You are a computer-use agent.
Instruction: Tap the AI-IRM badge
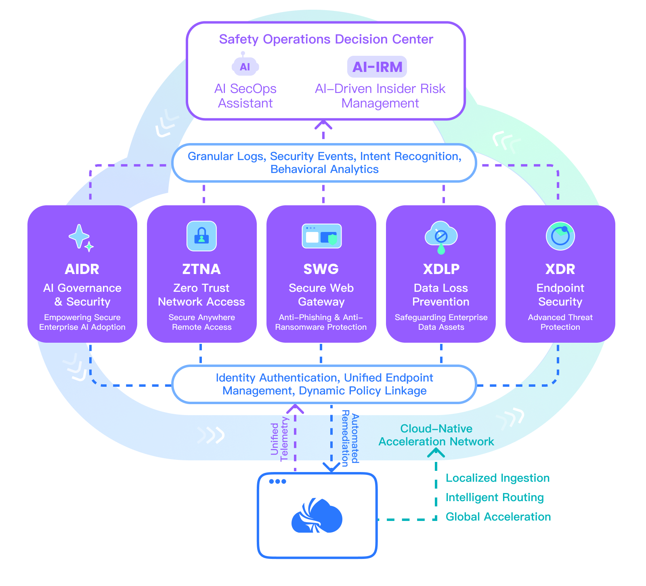(x=377, y=67)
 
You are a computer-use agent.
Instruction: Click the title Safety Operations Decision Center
(x=326, y=39)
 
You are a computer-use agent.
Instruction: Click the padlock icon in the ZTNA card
(x=201, y=236)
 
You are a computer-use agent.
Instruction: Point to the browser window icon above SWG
(x=322, y=236)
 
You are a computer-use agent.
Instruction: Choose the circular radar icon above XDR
(x=560, y=236)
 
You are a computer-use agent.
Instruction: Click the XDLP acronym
(x=441, y=269)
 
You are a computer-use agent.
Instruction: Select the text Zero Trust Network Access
(x=201, y=295)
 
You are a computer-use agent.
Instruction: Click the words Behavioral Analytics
(x=325, y=169)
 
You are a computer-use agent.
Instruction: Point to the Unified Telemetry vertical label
(x=280, y=439)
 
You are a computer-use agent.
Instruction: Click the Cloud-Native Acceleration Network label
(x=436, y=435)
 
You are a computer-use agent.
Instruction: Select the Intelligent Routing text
(x=495, y=497)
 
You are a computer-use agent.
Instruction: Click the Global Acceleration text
(x=498, y=517)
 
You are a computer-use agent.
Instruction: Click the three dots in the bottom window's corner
(x=277, y=481)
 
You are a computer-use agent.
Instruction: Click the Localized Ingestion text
(x=497, y=478)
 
